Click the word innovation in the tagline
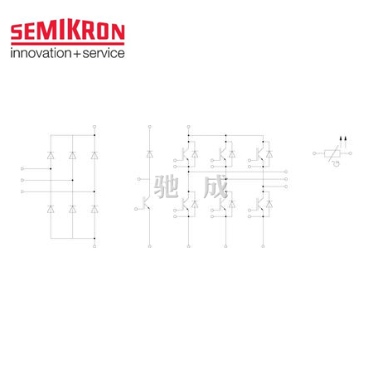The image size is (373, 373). coord(41,53)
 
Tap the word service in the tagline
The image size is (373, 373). coord(104,53)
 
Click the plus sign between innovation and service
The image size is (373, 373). coord(77,54)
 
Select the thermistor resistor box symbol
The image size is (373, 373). coord(332,153)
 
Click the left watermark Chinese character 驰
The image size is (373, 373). coord(166,186)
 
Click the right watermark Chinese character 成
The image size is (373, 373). coord(216,186)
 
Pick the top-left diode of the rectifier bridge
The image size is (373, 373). coord(51,155)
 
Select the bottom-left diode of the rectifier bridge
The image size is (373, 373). coord(51,209)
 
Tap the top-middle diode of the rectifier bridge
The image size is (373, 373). coord(72,155)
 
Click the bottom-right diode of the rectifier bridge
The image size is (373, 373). coord(94,209)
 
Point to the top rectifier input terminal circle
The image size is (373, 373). coord(22,168)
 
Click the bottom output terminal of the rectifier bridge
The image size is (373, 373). coord(94,246)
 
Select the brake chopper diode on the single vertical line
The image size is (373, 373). coord(150,154)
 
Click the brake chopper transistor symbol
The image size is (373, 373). coord(146,203)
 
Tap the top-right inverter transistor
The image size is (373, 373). coord(259,154)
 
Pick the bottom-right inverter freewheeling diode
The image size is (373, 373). coord(269,204)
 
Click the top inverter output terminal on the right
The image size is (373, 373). coord(286,172)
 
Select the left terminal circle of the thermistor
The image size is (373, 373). coord(314,153)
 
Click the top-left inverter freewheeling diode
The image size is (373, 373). coord(195,154)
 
